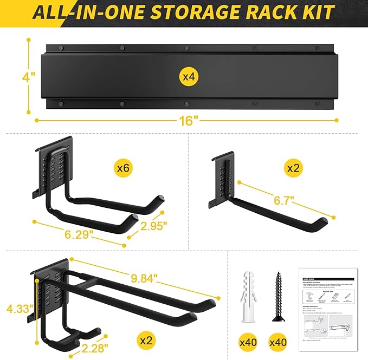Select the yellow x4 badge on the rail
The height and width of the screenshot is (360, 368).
tap(188, 77)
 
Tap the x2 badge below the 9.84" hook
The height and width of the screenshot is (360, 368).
tap(146, 341)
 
